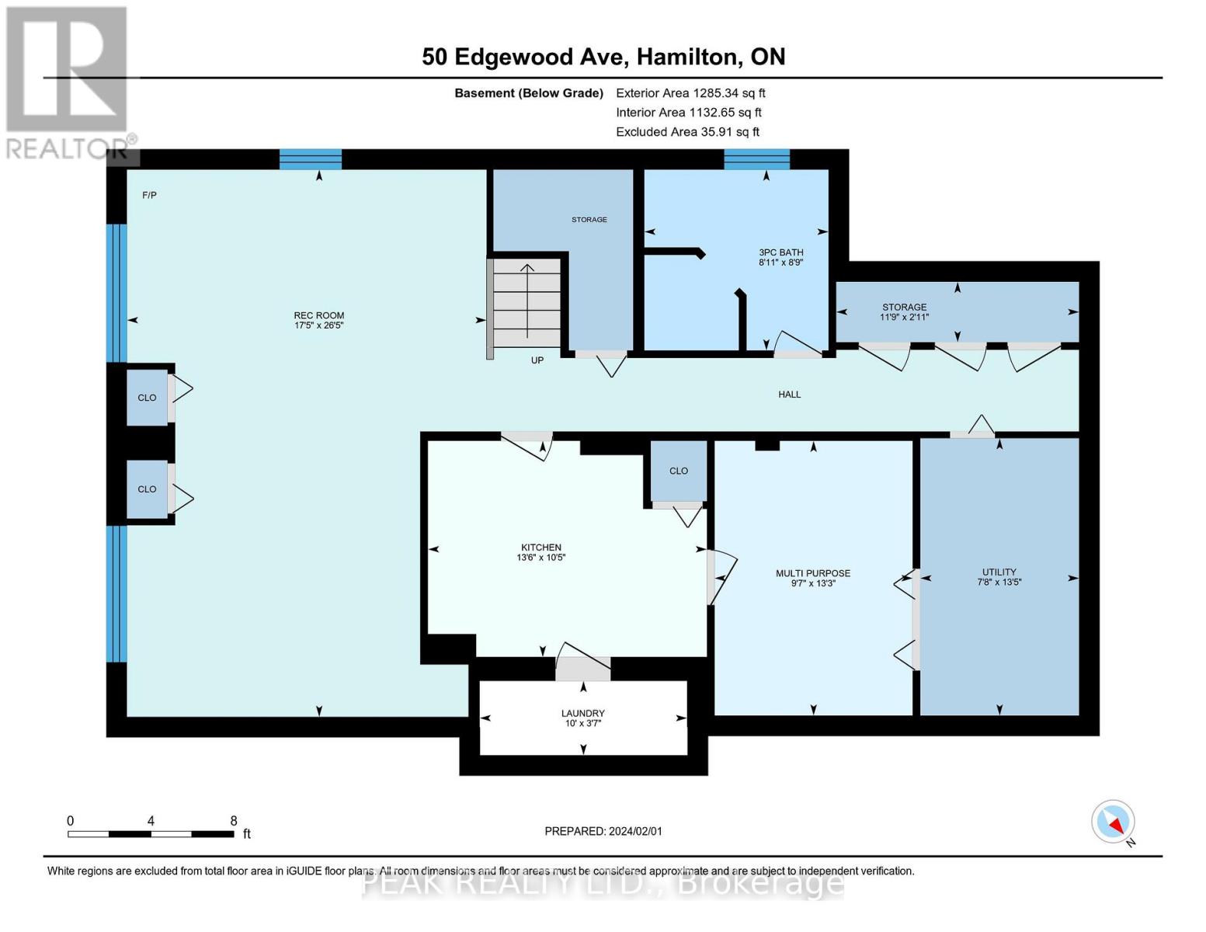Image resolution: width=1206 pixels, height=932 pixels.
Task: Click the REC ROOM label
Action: pyautogui.click(x=318, y=315)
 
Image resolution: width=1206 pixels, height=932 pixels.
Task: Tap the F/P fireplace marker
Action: pyautogui.click(x=149, y=195)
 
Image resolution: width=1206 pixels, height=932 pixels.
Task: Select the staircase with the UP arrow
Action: pyautogui.click(x=527, y=302)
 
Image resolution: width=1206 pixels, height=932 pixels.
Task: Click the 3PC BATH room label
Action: pyautogui.click(x=780, y=252)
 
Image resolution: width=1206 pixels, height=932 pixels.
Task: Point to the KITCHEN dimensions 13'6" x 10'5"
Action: pyautogui.click(x=541, y=558)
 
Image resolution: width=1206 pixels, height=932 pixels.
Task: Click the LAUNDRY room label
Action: pyautogui.click(x=582, y=713)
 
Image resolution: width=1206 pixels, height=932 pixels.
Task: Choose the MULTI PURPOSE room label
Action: pyautogui.click(x=812, y=573)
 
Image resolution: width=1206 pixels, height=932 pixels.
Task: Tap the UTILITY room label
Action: pyautogui.click(x=999, y=572)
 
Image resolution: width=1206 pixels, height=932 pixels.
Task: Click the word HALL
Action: pyautogui.click(x=789, y=395)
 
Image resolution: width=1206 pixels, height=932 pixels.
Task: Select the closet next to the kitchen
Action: pyautogui.click(x=678, y=471)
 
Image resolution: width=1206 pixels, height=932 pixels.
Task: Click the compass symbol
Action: pyautogui.click(x=1114, y=822)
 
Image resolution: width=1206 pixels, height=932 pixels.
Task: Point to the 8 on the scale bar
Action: pyautogui.click(x=234, y=821)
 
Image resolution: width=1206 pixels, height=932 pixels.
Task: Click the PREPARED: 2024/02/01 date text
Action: pyautogui.click(x=603, y=831)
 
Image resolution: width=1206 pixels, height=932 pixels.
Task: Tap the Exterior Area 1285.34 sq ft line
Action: pyautogui.click(x=690, y=92)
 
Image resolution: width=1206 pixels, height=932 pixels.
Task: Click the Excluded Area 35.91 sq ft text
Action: pyautogui.click(x=687, y=132)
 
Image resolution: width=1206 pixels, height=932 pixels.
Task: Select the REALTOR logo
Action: pyautogui.click(x=68, y=82)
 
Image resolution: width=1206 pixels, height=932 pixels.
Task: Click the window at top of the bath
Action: pyautogui.click(x=756, y=159)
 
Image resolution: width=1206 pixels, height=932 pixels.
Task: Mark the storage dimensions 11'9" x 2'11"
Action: pyautogui.click(x=904, y=317)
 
